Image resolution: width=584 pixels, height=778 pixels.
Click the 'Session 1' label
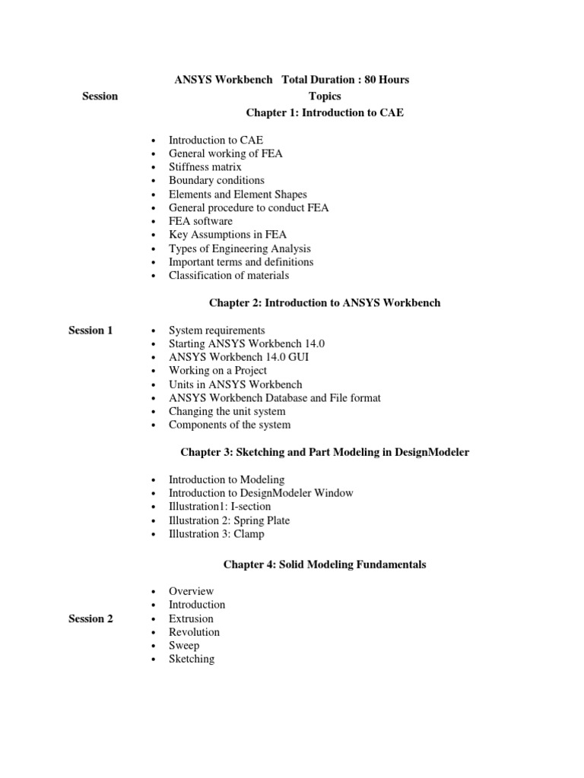(x=90, y=330)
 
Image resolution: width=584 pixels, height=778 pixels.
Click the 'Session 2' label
(x=90, y=618)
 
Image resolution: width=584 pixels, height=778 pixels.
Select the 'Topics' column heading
(x=325, y=96)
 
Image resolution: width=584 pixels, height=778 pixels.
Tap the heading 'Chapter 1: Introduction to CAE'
(x=325, y=112)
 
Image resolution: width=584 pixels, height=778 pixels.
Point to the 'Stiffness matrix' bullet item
(x=205, y=166)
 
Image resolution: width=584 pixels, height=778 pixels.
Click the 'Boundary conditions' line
(x=217, y=180)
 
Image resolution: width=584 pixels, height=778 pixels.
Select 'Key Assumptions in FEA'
(x=227, y=235)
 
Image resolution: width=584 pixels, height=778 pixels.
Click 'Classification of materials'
(x=229, y=276)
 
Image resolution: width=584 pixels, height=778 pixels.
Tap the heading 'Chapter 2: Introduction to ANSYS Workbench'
(x=325, y=303)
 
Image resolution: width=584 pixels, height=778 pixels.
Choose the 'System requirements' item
(x=217, y=330)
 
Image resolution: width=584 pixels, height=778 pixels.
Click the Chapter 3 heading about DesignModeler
(x=325, y=452)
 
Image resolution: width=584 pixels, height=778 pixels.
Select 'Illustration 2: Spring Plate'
(x=229, y=520)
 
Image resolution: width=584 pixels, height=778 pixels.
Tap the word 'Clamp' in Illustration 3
(x=250, y=534)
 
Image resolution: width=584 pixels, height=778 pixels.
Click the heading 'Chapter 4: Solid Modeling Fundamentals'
(x=325, y=565)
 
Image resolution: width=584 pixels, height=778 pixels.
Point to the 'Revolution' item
(x=194, y=632)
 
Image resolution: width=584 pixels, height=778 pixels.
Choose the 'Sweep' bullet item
(x=184, y=646)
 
